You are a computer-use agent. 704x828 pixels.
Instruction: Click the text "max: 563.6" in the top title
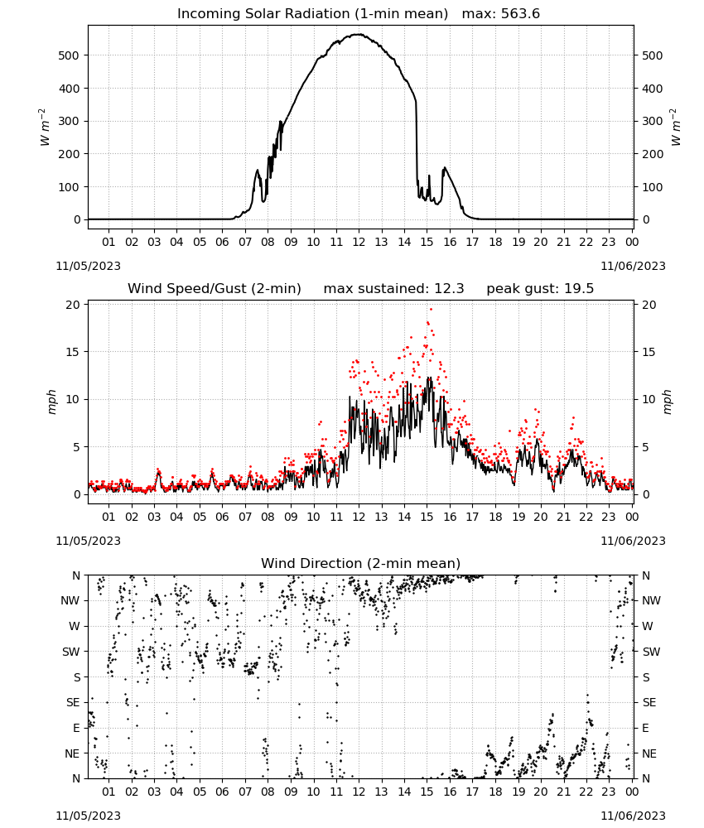click(501, 14)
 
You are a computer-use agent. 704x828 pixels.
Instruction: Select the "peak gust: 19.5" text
click(540, 289)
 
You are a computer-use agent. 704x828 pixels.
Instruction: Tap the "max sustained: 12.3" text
click(393, 289)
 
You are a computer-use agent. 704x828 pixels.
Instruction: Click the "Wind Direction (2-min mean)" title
click(361, 563)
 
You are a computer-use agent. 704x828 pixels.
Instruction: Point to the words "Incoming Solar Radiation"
click(263, 14)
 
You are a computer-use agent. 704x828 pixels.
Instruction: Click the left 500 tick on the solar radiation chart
click(69, 55)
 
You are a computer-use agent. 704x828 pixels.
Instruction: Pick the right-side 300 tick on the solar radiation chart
click(653, 121)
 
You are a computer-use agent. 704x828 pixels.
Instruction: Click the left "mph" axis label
click(51, 402)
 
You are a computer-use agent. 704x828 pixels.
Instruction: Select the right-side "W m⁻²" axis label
click(676, 128)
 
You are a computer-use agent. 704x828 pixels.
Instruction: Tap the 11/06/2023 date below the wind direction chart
click(633, 816)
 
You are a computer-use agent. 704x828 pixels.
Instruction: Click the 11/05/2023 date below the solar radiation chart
click(88, 266)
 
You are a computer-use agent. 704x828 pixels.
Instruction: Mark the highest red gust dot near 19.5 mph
click(431, 309)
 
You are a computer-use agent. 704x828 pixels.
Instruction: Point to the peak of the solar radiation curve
click(359, 34)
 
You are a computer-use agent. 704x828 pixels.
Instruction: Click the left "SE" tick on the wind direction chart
click(73, 702)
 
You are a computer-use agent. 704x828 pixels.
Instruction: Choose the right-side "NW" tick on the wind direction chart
click(651, 600)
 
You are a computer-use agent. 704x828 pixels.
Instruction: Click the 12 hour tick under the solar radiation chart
click(359, 242)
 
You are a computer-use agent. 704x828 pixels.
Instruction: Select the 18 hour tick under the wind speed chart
click(495, 517)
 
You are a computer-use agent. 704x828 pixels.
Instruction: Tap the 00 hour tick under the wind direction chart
click(632, 792)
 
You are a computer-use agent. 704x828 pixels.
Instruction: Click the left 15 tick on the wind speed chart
click(73, 352)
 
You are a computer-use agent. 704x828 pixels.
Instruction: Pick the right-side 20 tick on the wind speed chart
click(649, 305)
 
